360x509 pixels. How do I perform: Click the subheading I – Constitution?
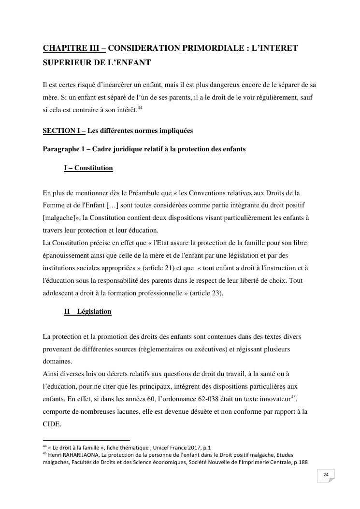(x=88, y=168)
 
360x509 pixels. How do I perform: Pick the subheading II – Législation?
(x=87, y=312)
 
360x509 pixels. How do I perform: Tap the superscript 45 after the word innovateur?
(x=293, y=396)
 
